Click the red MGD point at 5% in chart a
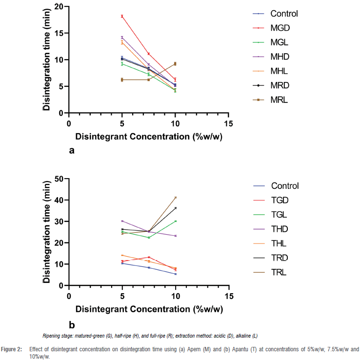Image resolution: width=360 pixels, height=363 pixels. [x=122, y=16]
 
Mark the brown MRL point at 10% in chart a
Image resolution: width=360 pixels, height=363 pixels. [x=175, y=64]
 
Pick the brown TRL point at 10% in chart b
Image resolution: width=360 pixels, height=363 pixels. [x=175, y=198]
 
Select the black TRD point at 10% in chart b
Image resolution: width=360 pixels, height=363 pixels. [x=175, y=208]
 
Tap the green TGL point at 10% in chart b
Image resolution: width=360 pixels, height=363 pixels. [x=175, y=221]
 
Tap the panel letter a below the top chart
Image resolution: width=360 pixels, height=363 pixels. [x=72, y=150]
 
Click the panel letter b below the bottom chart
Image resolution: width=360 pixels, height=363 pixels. [x=72, y=324]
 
